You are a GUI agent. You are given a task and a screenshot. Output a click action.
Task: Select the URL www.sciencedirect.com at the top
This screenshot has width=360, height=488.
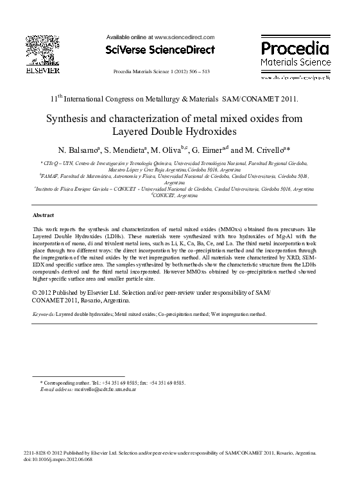pyautogui.click(x=185, y=38)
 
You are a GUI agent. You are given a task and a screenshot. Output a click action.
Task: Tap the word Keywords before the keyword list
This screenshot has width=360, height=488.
pyautogui.click(x=44, y=315)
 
